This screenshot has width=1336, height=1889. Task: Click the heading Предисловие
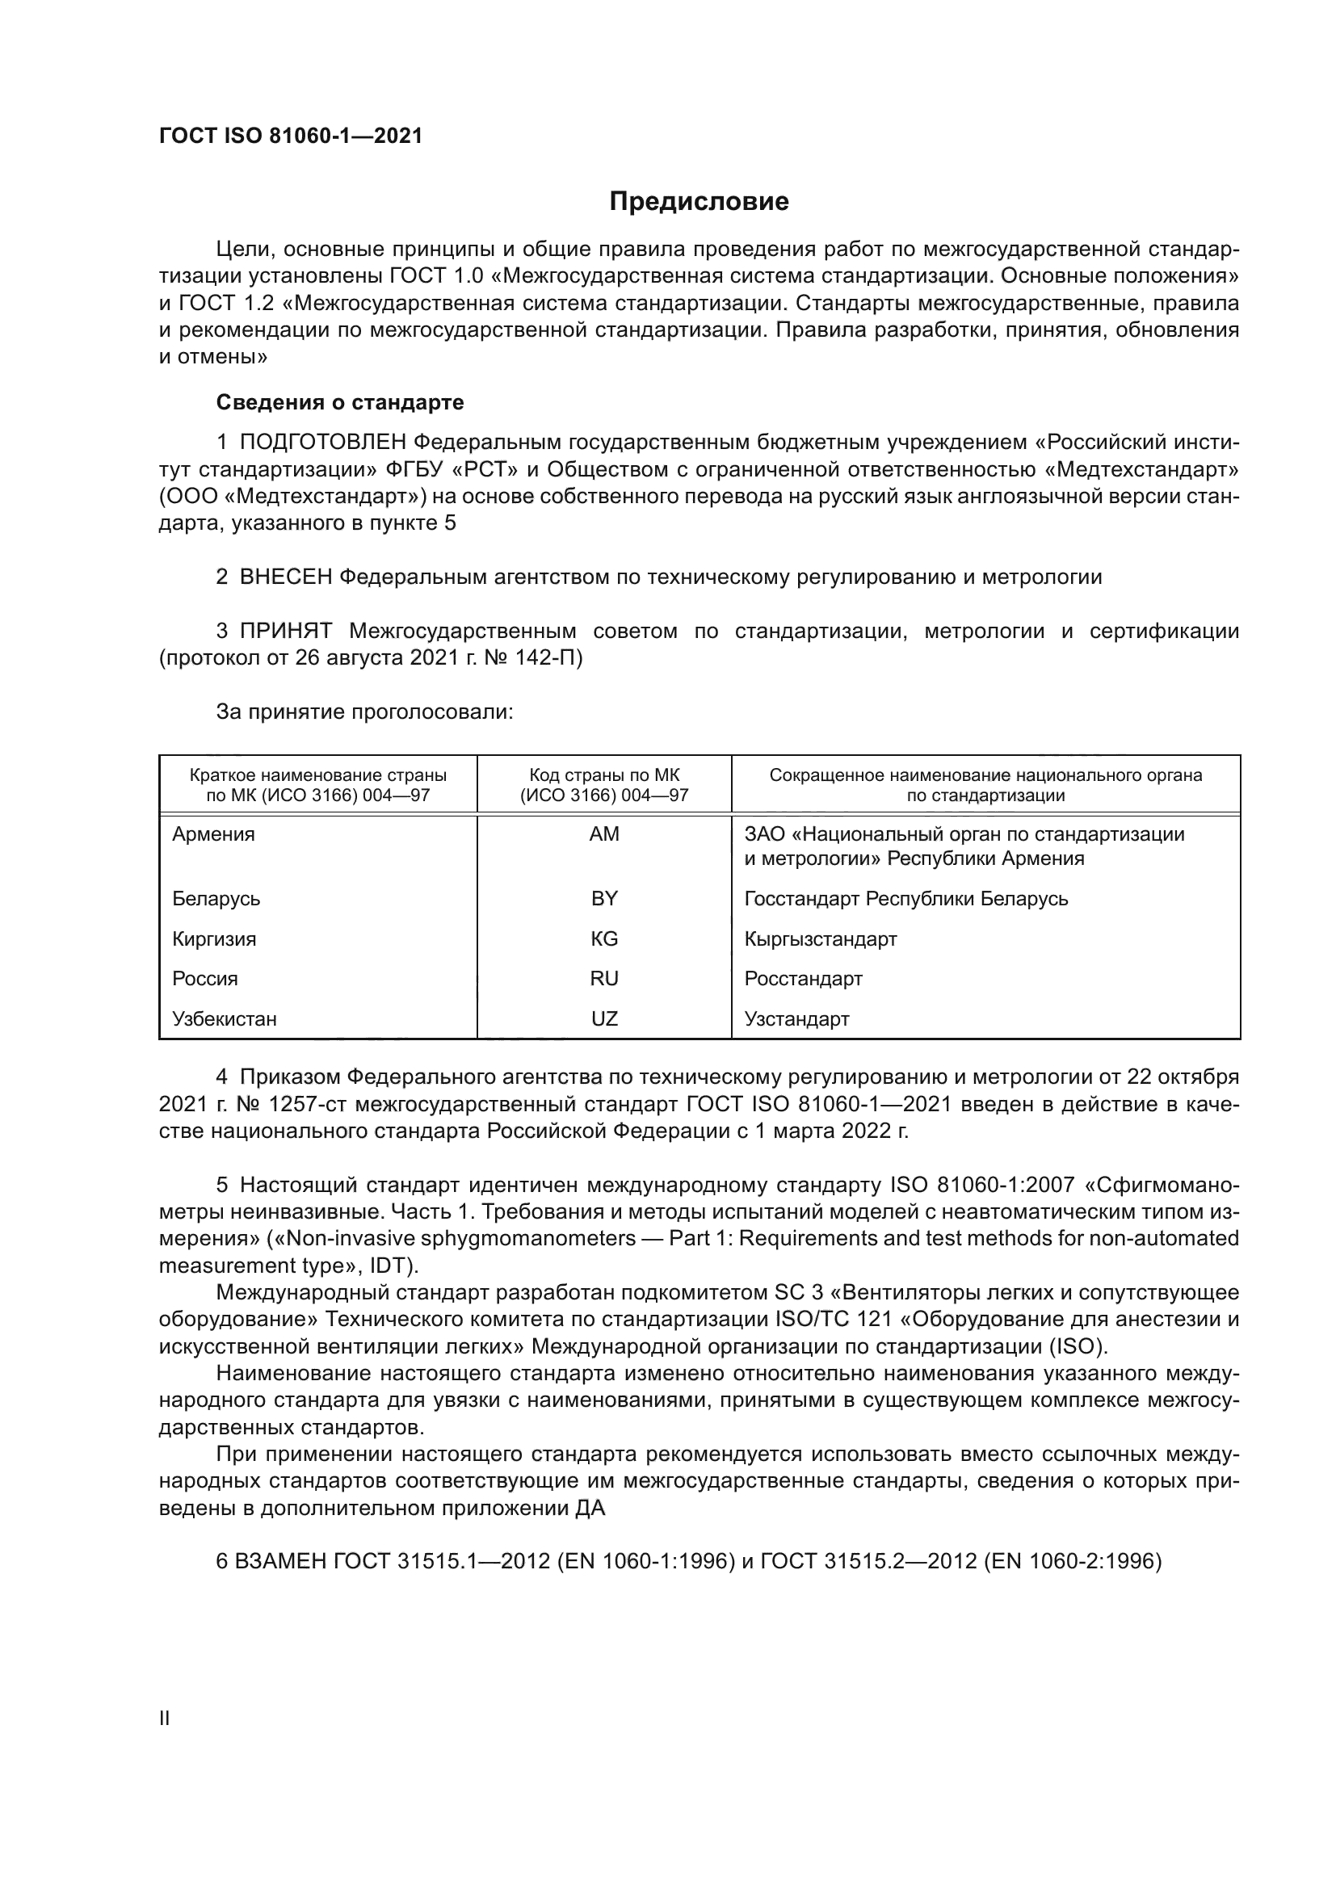tap(699, 202)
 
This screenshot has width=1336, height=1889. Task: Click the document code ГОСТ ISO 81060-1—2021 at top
tap(291, 136)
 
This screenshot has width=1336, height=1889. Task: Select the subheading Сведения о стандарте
tap(340, 402)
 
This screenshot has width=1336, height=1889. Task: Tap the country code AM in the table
tap(604, 834)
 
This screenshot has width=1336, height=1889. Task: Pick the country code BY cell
tap(604, 898)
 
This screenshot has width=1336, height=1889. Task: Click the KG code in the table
tap(604, 938)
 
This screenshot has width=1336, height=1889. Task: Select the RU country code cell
tap(604, 978)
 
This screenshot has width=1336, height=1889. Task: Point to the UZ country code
tap(604, 1018)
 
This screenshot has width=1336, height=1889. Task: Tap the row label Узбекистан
tap(225, 1018)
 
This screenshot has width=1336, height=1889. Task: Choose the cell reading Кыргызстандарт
tap(820, 938)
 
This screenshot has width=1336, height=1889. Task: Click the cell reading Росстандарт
tap(803, 978)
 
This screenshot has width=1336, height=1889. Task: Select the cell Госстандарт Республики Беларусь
tap(905, 898)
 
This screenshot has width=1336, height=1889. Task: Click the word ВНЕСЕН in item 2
tap(285, 577)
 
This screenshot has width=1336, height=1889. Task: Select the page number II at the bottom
tap(165, 1718)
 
